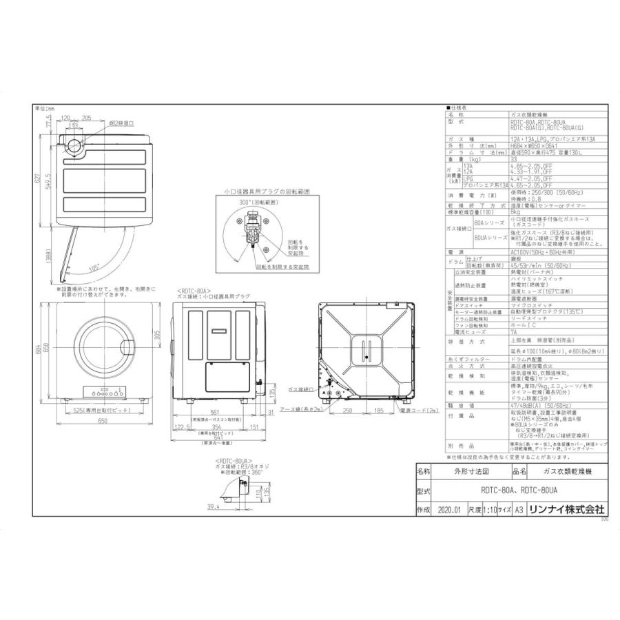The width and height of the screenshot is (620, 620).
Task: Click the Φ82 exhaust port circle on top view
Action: pos(72,145)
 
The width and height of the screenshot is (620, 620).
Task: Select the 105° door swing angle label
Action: pos(94,265)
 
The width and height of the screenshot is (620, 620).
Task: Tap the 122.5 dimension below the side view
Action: pos(182,426)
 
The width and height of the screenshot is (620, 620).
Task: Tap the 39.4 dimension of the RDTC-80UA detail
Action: pos(212,506)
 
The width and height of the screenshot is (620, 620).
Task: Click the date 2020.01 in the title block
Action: pos(447,510)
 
